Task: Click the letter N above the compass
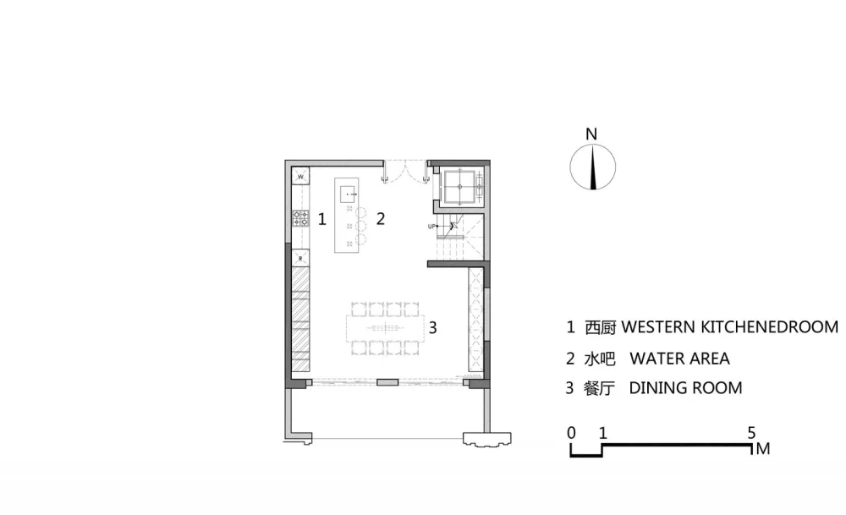(591, 134)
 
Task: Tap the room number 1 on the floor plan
(322, 220)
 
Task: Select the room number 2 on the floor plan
(381, 218)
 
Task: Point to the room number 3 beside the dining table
(432, 327)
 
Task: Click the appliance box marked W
(301, 177)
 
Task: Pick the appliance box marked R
(300, 258)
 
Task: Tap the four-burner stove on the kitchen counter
(300, 218)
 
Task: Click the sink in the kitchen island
(349, 194)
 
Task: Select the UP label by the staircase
(431, 227)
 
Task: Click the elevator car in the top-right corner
(459, 187)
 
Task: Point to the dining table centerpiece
(384, 328)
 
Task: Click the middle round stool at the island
(361, 226)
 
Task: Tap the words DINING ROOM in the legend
(685, 388)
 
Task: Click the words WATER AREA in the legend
(679, 359)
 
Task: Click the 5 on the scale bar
(751, 432)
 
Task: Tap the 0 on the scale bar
(571, 432)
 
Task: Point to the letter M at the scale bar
(763, 449)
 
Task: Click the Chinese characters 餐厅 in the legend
(600, 388)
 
